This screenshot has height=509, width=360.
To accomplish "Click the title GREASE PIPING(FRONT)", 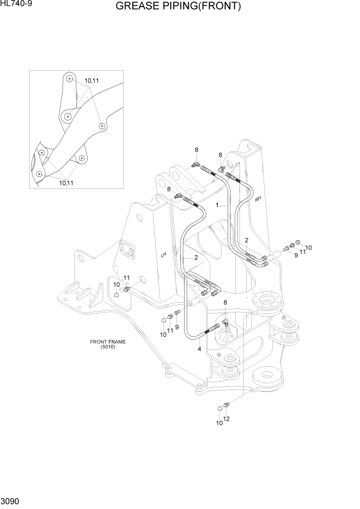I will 178,7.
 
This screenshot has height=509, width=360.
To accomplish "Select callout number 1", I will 217,205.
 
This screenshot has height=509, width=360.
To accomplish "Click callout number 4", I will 199,349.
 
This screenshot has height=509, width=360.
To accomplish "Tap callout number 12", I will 226,419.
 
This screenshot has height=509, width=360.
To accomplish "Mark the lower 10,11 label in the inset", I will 65,182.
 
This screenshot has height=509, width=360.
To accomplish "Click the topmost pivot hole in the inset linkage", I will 69,79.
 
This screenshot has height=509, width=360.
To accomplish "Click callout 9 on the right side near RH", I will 295,255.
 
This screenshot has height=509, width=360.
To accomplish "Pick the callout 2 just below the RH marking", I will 246,240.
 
